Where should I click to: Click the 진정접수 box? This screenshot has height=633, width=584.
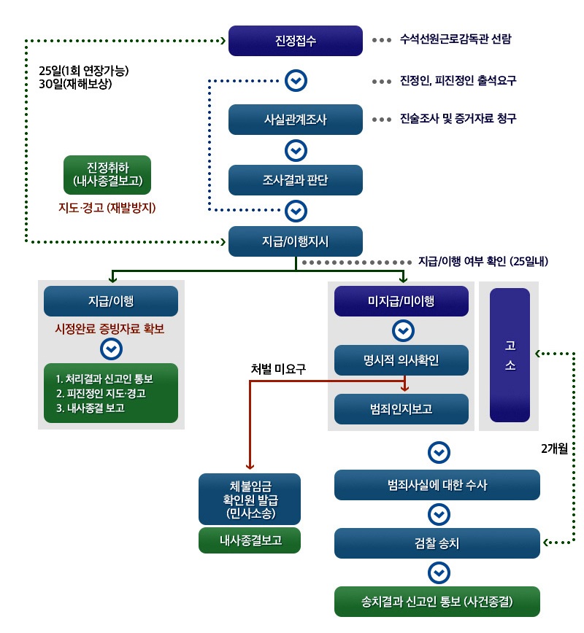click(x=296, y=41)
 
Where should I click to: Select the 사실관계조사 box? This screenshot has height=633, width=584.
click(x=296, y=120)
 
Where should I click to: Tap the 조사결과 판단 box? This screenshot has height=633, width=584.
click(x=296, y=180)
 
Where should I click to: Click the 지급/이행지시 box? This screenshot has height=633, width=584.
click(x=296, y=241)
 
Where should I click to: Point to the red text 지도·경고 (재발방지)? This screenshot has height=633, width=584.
click(x=107, y=207)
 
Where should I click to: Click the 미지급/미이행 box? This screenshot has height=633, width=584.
click(x=401, y=301)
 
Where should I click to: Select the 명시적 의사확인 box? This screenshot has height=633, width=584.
click(x=401, y=360)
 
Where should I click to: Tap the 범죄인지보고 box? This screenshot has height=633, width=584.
click(x=401, y=409)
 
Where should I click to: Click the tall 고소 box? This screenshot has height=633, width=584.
click(x=510, y=355)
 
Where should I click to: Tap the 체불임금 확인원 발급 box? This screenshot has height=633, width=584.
click(x=250, y=500)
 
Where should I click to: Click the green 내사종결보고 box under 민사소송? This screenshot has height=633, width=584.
click(x=250, y=540)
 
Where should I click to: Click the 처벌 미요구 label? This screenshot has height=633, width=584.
click(x=277, y=369)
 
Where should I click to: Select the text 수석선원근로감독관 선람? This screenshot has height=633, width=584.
click(x=456, y=39)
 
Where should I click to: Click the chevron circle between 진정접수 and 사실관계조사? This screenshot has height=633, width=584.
click(x=296, y=80)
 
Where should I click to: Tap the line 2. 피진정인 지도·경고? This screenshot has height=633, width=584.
click(x=101, y=394)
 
